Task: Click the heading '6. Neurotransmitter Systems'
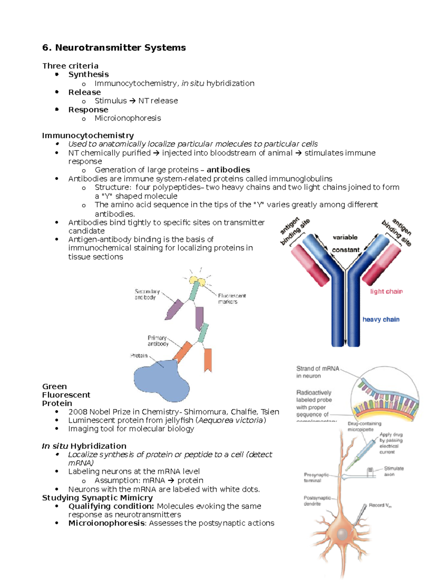click(x=114, y=48)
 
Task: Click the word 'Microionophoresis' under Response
click(x=128, y=118)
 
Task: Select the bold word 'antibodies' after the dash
click(x=228, y=170)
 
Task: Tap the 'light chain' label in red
click(x=386, y=292)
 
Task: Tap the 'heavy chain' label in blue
click(x=381, y=320)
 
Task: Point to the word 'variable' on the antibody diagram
click(x=345, y=238)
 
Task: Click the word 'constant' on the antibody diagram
click(x=345, y=250)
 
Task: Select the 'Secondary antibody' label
click(x=147, y=294)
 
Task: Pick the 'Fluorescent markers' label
click(x=231, y=298)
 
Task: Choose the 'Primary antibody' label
click(x=158, y=341)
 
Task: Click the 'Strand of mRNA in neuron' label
click(x=317, y=372)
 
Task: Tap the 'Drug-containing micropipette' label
click(x=364, y=427)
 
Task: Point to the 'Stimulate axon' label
click(x=393, y=471)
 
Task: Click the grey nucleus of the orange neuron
click(x=343, y=534)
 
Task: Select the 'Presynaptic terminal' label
click(x=316, y=478)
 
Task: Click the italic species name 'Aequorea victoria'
click(x=231, y=421)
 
